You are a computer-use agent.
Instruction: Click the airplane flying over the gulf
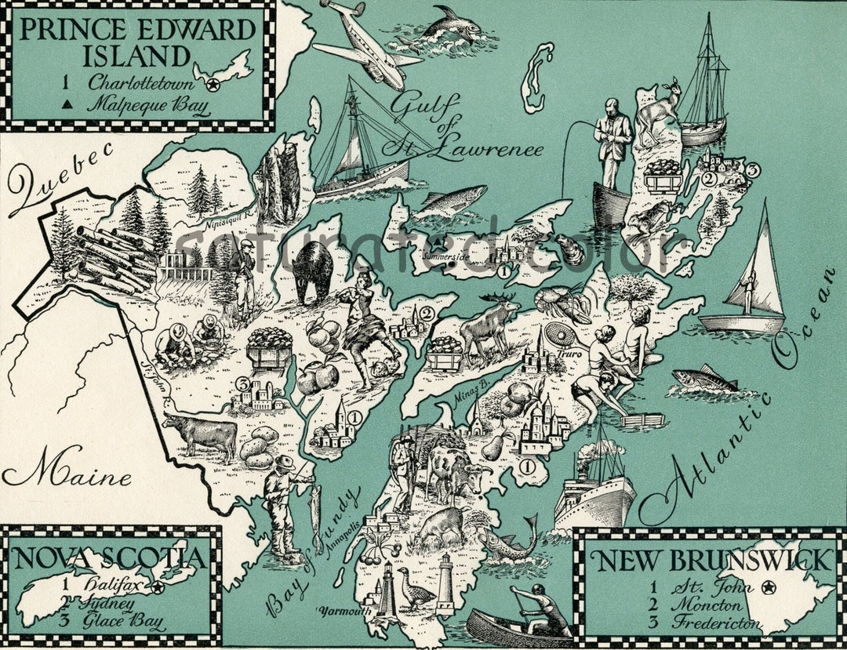click(365, 43)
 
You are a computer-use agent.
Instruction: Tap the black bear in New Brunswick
click(313, 271)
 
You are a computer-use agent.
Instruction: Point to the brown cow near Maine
click(202, 434)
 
